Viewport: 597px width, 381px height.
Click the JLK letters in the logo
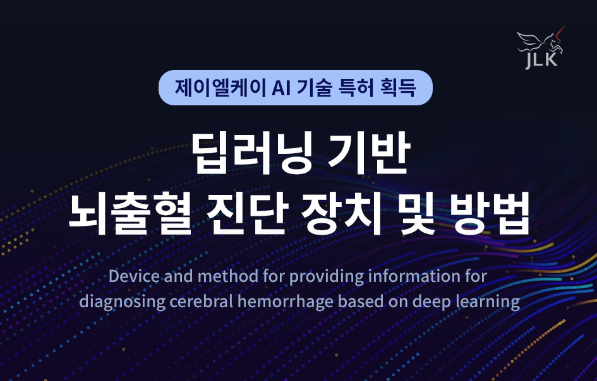[542, 61]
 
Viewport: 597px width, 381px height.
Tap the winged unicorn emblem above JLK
[541, 40]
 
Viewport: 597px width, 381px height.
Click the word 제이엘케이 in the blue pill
[220, 88]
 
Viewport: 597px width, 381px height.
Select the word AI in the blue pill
[281, 88]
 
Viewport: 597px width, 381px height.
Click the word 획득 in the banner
[397, 88]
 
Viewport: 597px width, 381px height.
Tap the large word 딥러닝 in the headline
[252, 153]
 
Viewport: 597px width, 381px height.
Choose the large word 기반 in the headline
[368, 153]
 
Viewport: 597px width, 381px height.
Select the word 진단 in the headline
[247, 212]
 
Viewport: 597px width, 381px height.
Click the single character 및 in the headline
[416, 212]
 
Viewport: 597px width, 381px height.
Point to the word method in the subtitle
[228, 276]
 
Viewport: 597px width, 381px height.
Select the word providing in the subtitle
[327, 277]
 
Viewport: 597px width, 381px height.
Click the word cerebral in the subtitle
[201, 301]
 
